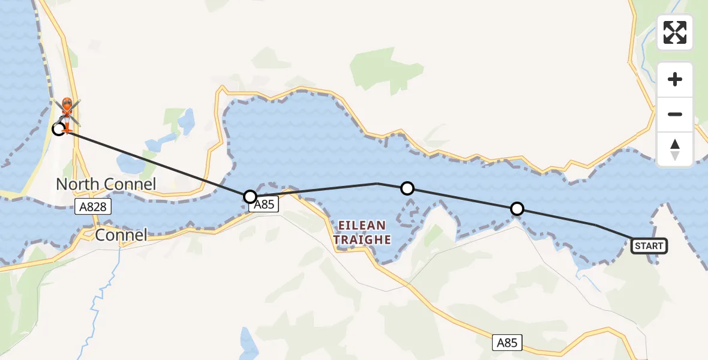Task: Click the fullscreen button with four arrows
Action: [675, 32]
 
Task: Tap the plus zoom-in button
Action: [675, 80]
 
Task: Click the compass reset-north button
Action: [675, 149]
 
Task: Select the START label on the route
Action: [649, 245]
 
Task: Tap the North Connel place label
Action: [106, 184]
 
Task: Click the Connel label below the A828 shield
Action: [122, 235]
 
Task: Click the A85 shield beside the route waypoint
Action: [263, 205]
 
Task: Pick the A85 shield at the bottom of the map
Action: [506, 343]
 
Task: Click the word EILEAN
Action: [362, 226]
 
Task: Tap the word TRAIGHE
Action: [362, 240]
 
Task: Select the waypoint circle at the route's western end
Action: [58, 128]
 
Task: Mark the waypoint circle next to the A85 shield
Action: [250, 196]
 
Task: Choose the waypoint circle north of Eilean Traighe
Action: [407, 188]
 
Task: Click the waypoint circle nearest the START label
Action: [517, 209]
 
